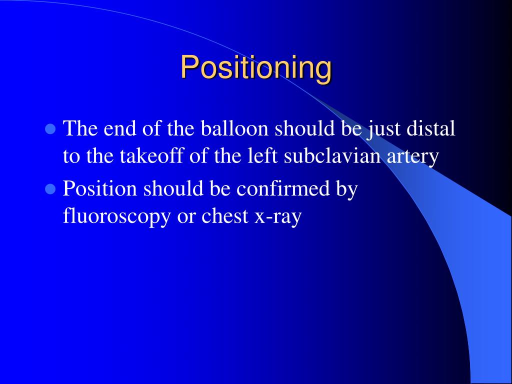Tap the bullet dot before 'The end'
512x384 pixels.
pos(49,129)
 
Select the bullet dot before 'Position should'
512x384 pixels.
pos(49,189)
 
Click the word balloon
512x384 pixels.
pos(235,128)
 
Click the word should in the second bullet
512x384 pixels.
pos(175,188)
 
